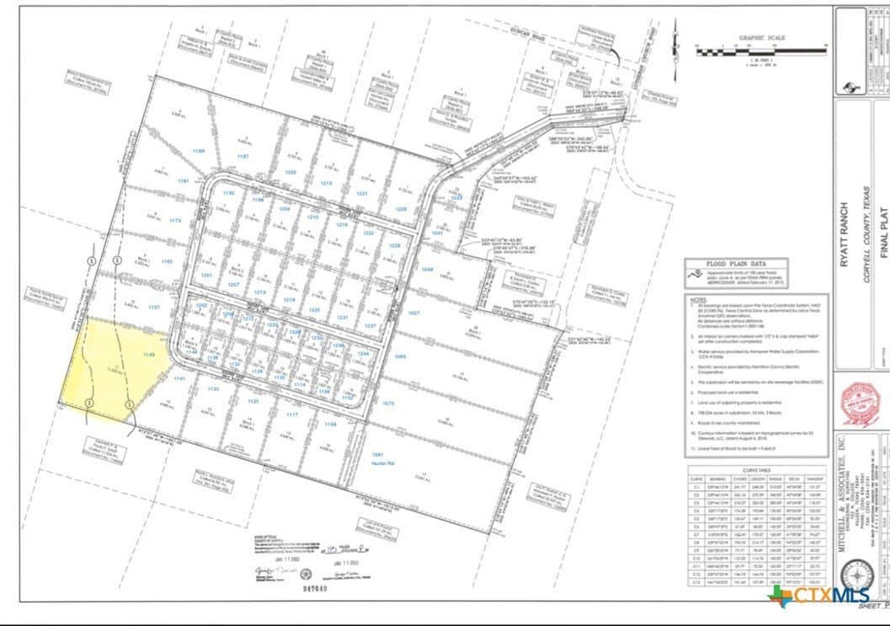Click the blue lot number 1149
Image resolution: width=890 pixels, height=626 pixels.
click(x=150, y=356)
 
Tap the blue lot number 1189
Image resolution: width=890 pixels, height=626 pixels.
click(x=199, y=151)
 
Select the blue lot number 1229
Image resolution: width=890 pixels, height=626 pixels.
click(x=402, y=208)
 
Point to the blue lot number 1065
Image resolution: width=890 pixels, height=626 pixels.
click(x=400, y=357)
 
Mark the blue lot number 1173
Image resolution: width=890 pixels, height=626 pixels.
click(x=175, y=221)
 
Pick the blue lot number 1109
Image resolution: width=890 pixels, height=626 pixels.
click(x=330, y=424)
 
